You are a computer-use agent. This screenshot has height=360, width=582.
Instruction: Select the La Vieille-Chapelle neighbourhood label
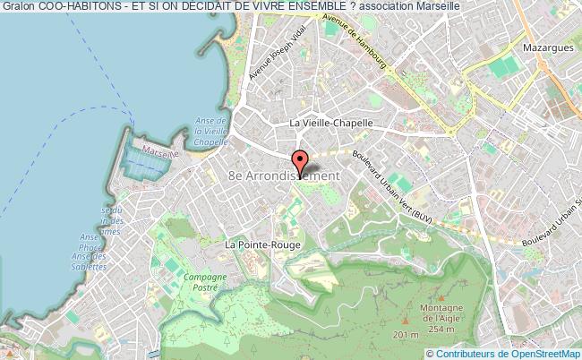pos(330,124)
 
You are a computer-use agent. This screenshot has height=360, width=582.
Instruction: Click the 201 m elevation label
pos(406,334)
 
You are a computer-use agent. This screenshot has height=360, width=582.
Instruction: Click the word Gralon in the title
pos(18,8)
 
